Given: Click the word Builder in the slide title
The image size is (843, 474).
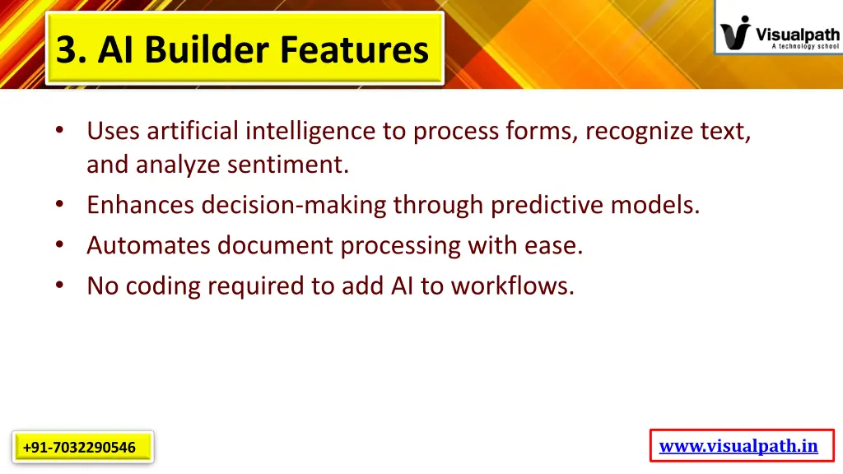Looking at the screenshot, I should (208, 49).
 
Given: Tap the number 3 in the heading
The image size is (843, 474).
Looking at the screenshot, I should (68, 49).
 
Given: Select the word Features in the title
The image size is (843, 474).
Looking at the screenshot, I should (354, 49).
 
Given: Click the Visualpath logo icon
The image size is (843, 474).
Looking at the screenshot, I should (734, 34).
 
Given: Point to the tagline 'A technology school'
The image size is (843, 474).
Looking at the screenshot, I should (805, 47).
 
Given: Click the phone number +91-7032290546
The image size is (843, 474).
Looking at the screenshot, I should (80, 448).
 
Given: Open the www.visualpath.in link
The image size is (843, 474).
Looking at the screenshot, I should (738, 446).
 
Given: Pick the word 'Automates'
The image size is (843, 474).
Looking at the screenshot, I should (148, 245).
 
